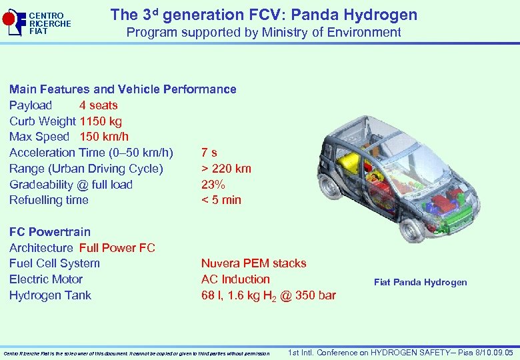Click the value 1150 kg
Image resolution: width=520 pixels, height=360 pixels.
(101, 121)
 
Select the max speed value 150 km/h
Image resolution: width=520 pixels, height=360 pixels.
(104, 137)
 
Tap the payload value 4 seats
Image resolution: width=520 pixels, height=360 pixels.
(99, 105)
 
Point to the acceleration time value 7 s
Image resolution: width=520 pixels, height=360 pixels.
(209, 153)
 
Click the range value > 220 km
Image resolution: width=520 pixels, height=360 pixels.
(226, 169)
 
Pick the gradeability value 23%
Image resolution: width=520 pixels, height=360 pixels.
(213, 185)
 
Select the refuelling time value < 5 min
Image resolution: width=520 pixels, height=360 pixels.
(221, 200)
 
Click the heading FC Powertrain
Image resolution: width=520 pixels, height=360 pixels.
(50, 232)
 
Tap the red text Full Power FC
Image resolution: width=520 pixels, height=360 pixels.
(117, 248)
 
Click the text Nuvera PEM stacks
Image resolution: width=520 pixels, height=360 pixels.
(254, 263)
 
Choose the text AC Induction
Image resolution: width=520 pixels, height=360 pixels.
(235, 279)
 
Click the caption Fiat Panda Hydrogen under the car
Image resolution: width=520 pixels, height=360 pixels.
(421, 282)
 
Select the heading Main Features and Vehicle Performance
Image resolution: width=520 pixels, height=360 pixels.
(123, 89)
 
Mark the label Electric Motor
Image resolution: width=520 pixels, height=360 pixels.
(46, 279)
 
